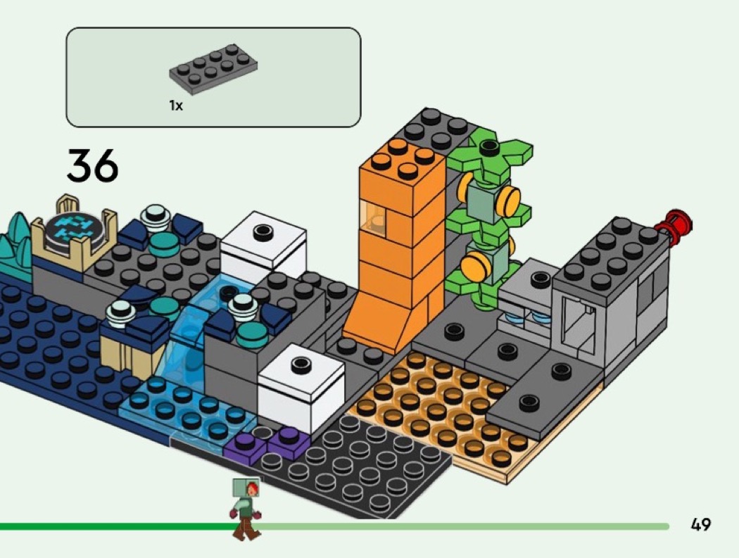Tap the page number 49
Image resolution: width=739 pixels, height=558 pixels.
[700, 524]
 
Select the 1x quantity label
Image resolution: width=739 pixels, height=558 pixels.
[176, 106]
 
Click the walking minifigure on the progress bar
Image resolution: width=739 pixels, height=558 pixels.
[246, 508]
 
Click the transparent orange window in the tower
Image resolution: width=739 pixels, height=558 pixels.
[373, 216]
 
